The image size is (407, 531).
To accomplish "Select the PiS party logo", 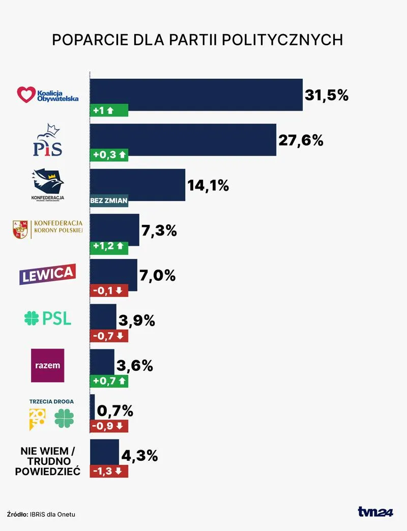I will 47,140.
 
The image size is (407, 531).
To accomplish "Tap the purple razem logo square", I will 47,365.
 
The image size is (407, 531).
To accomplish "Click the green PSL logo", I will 48,319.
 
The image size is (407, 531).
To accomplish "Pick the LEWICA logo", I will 47,274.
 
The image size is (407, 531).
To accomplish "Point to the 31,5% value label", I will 326,95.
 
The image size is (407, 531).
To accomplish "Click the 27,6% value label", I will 301,140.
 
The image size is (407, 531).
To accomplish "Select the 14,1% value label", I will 208,186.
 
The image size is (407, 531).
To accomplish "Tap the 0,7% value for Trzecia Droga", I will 115,410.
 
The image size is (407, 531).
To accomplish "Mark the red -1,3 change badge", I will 109,471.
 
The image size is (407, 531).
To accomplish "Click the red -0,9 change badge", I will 109,426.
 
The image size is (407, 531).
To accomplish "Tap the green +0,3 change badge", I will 109,156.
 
